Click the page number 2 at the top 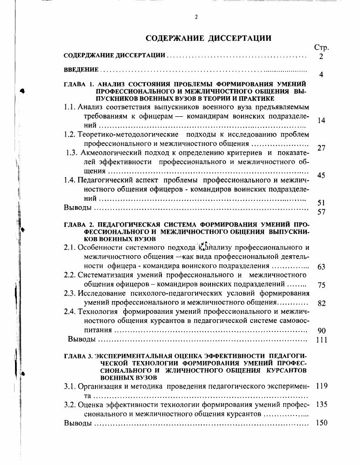[196, 17]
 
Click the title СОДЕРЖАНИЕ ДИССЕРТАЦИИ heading [208, 38]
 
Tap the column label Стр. [321, 47]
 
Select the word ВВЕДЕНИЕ [81, 69]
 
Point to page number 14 [321, 121]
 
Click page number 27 [321, 148]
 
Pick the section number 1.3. [73, 152]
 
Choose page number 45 [321, 175]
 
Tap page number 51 [321, 203]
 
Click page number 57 [321, 212]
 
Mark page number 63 [321, 267]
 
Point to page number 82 [321, 303]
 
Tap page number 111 [321, 340]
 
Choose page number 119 [321, 386]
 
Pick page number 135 [321, 405]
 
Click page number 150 [321, 423]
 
